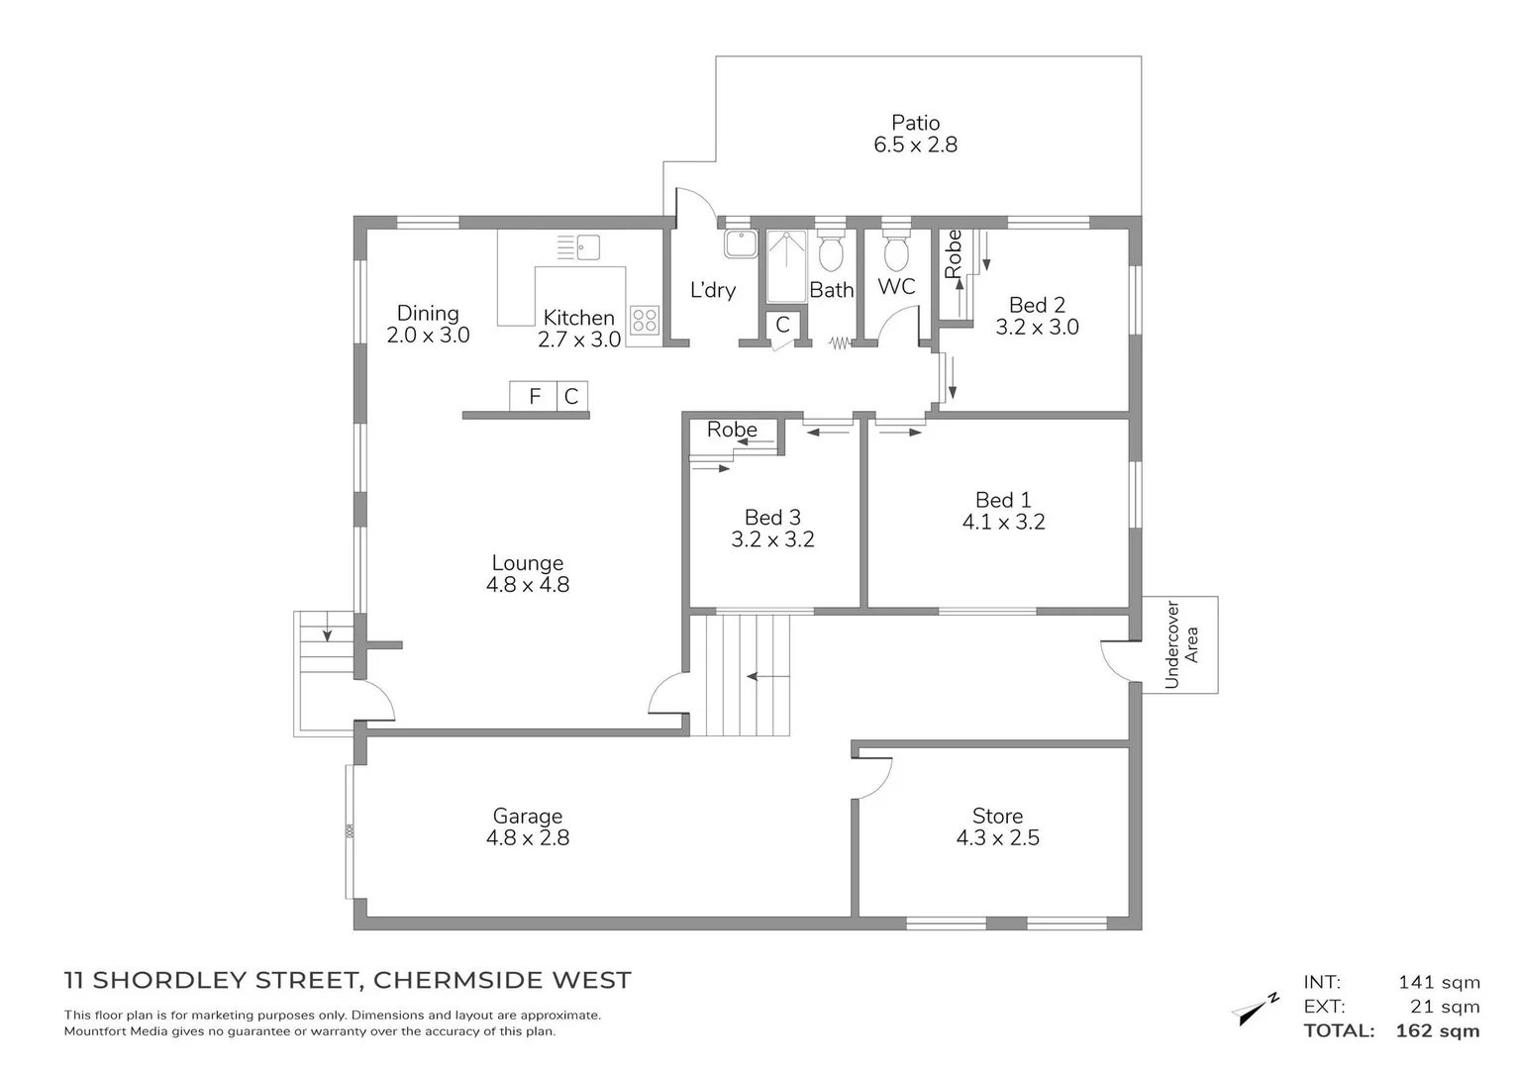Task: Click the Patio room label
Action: pyautogui.click(x=915, y=123)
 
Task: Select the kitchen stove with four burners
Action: pyautogui.click(x=644, y=319)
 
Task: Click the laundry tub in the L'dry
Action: pyautogui.click(x=739, y=243)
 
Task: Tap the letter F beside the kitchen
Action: pyautogui.click(x=535, y=397)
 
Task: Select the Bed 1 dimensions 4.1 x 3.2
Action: pyautogui.click(x=1003, y=522)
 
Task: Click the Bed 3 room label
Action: pyautogui.click(x=772, y=517)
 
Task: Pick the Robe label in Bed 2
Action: pyautogui.click(x=953, y=254)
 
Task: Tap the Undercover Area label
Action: pyautogui.click(x=1181, y=644)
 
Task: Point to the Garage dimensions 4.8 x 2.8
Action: pyautogui.click(x=527, y=837)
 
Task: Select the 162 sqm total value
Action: pyautogui.click(x=1438, y=1030)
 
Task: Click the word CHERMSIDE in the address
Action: pyautogui.click(x=455, y=980)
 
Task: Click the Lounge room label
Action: pyautogui.click(x=527, y=563)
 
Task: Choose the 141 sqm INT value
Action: pyautogui.click(x=1439, y=982)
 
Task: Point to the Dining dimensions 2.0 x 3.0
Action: pyautogui.click(x=428, y=336)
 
